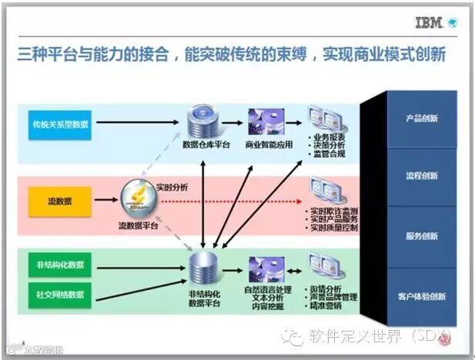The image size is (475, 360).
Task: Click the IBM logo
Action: coord(428,22)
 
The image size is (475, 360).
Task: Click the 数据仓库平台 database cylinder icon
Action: coord(205,122)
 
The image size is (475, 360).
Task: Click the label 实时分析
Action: coord(172,187)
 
